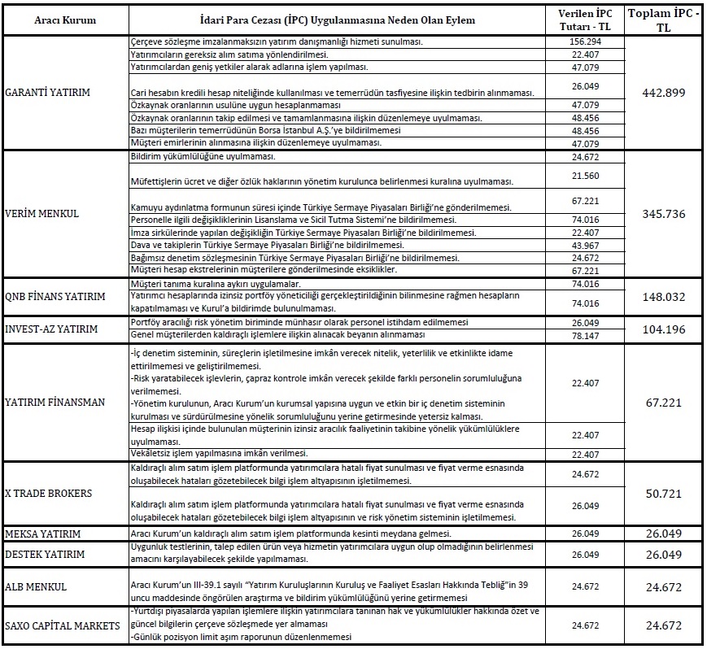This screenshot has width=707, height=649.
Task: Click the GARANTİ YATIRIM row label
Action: [47, 92]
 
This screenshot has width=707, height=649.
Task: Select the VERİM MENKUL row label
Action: [41, 215]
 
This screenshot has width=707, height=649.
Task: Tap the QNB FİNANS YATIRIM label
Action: [55, 296]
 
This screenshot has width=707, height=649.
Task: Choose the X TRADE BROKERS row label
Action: [48, 494]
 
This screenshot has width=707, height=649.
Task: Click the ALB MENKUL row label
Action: [35, 586]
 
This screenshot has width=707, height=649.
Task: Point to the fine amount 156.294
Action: [586, 41]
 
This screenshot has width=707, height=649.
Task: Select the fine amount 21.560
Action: [586, 176]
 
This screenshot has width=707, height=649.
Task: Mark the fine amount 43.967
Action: [586, 246]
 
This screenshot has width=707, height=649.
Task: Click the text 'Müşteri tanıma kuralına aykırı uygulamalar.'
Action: [216, 284]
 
